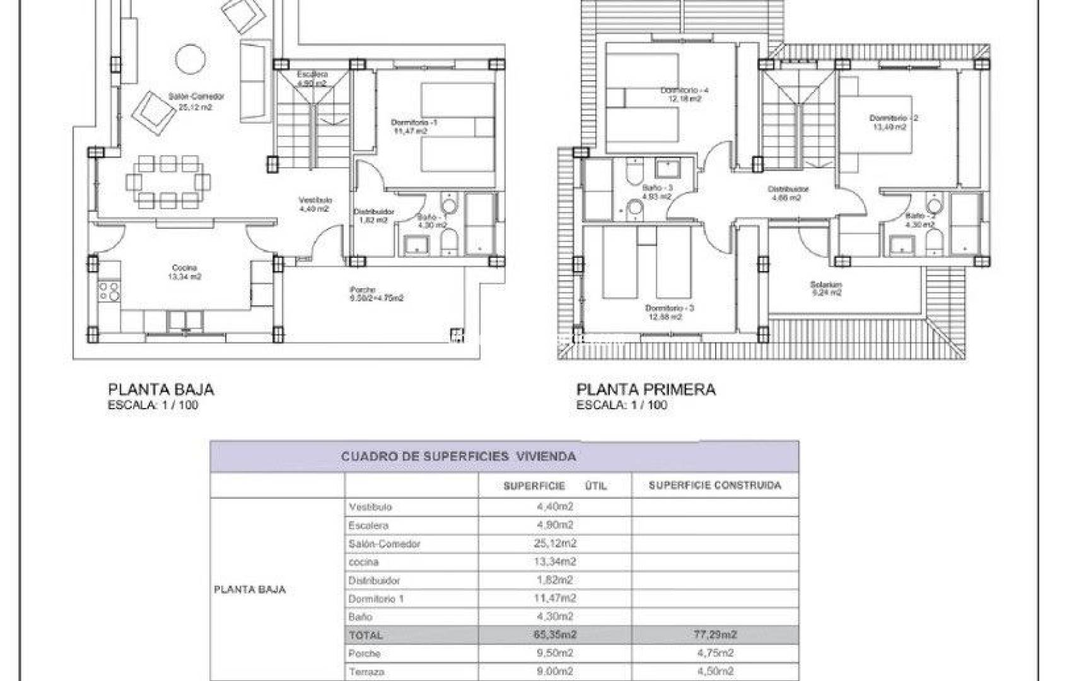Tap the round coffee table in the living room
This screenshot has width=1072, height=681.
(x=190, y=60)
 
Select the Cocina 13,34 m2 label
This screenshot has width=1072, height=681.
(x=185, y=272)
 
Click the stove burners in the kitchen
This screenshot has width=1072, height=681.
(x=108, y=291)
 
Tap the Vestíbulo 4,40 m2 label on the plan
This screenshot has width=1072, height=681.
(x=315, y=204)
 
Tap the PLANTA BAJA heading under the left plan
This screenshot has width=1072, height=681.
(x=161, y=390)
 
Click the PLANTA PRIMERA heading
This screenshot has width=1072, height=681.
(x=646, y=390)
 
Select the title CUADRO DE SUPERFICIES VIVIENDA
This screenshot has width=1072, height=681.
(x=458, y=456)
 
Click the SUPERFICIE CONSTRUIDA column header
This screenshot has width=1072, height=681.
(x=714, y=485)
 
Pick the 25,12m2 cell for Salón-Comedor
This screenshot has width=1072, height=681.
(x=555, y=543)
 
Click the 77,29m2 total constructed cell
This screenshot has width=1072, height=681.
(x=714, y=634)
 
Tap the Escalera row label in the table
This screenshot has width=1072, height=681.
(x=368, y=525)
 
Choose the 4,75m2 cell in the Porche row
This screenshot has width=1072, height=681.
(x=714, y=653)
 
